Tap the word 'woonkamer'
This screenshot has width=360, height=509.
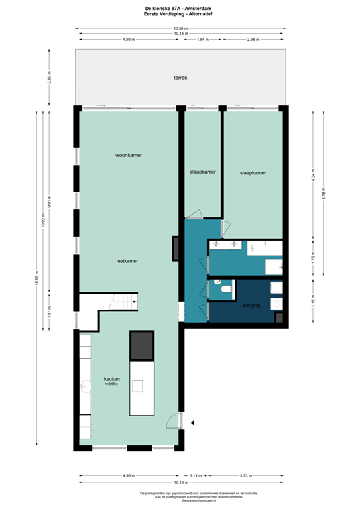click(129, 156)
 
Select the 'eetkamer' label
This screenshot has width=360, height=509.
click(127, 261)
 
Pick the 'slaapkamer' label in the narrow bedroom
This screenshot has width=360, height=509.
click(202, 172)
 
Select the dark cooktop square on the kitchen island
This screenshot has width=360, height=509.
click(143, 344)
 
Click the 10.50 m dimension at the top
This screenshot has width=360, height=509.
click(180, 28)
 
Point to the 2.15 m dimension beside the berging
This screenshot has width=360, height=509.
click(314, 304)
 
